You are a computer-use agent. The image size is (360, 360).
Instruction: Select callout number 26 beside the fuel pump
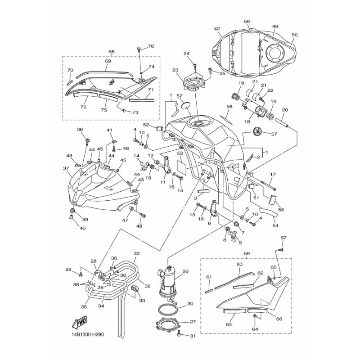coord(185,271)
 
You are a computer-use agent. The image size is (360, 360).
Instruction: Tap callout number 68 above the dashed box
coord(111,52)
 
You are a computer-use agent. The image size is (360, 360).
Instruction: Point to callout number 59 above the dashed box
coord(246,254)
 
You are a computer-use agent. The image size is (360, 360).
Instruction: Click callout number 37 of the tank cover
coord(66,169)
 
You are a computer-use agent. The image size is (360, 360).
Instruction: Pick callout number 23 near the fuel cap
coord(175,71)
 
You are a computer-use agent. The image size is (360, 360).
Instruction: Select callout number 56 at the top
coord(247,21)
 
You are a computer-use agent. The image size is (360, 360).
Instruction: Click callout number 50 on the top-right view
coord(295,35)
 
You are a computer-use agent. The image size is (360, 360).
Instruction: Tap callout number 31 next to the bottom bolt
coord(193,336)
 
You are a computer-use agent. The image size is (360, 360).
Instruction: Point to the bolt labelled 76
coord(139,49)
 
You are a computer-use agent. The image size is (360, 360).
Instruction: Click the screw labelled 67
coord(280,249)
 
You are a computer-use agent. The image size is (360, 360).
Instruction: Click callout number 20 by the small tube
coord(285,110)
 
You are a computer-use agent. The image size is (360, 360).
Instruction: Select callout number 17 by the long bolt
coord(273,175)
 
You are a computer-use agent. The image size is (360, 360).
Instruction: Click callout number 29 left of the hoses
coord(68,269)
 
